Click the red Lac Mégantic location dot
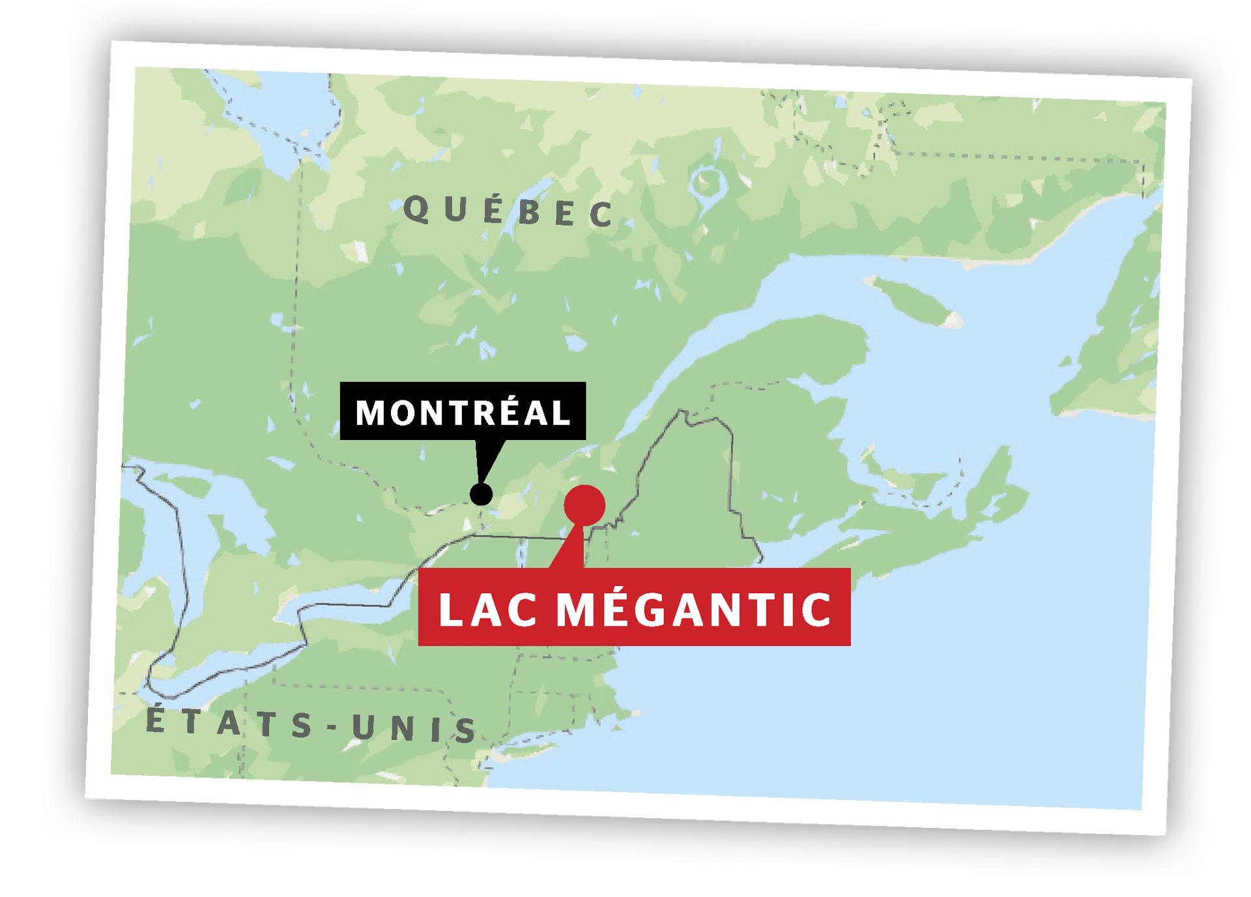[584, 505]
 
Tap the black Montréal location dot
[481, 494]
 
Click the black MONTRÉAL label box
[463, 411]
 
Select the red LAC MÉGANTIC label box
[634, 608]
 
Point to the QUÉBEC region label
[508, 211]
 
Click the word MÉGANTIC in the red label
[694, 610]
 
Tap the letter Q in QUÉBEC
[416, 209]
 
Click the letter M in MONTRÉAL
[370, 413]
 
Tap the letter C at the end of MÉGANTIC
[816, 610]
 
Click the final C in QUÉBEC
[601, 214]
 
